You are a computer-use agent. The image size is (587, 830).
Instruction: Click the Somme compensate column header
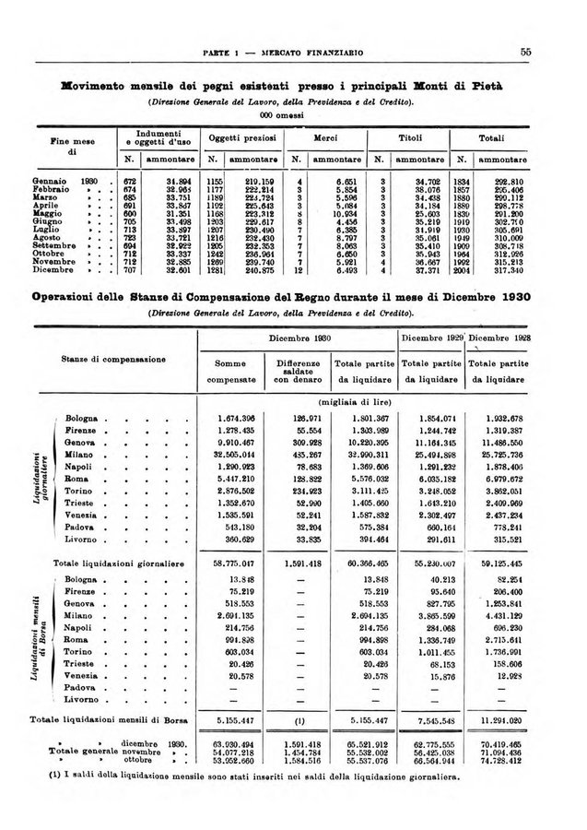[233, 371]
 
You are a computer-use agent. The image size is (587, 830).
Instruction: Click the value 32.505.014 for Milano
[234, 454]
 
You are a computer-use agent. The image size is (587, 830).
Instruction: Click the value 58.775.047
[234, 562]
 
